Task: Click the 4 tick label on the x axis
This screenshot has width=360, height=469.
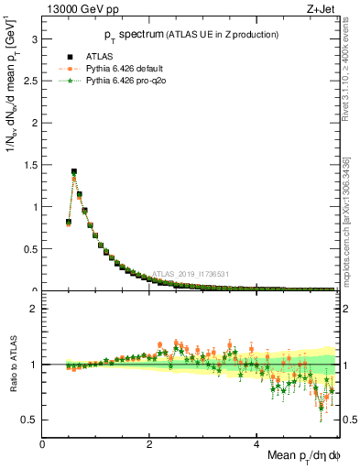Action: (x=257, y=443)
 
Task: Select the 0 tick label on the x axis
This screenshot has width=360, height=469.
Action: (x=43, y=443)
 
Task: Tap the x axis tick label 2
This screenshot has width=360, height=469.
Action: (x=150, y=443)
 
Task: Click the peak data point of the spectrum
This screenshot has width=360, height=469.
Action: (x=74, y=171)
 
